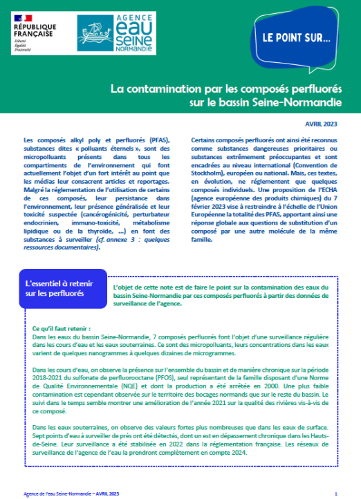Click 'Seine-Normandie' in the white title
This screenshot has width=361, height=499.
302,104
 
